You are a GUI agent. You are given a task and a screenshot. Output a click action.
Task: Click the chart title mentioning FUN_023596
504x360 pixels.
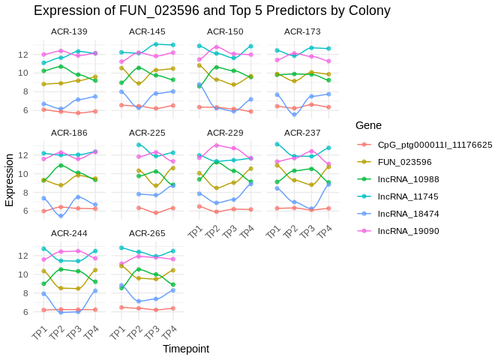pyautogui.click(x=212, y=10)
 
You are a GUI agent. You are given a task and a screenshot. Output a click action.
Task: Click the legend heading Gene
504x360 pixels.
pyautogui.click(x=368, y=124)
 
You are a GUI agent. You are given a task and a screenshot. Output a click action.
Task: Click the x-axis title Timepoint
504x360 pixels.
pyautogui.click(x=186, y=349)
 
